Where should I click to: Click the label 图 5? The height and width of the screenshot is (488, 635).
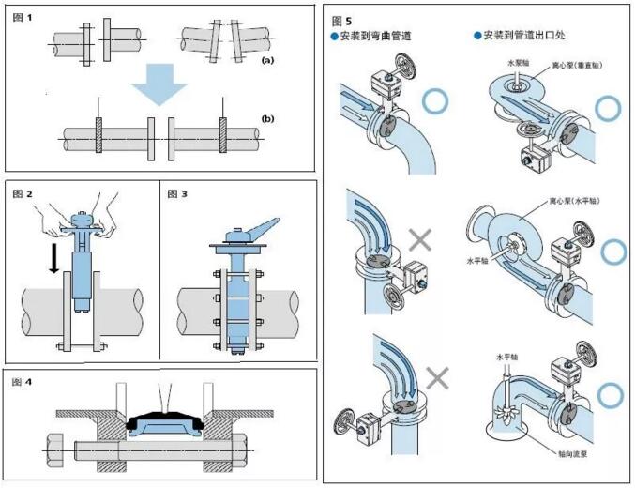[342, 20]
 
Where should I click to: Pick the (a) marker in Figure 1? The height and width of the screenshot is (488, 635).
[267, 59]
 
